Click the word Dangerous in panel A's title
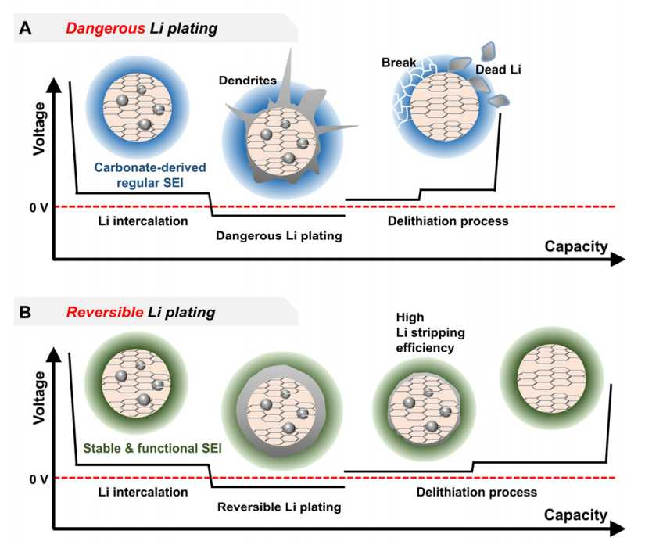coord(106,29)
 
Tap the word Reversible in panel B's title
coord(105,312)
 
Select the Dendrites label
coord(247,81)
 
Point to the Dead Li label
coord(498,70)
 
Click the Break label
coord(399,63)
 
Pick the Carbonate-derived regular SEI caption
coord(150,175)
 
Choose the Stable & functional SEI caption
coord(152,448)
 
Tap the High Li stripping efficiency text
coord(430,332)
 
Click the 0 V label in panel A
coord(38,208)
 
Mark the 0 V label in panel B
coord(38,479)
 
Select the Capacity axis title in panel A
coord(576,246)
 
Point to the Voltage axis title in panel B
coord(40,397)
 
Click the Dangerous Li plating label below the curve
coord(279,235)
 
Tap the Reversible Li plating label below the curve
coord(279,507)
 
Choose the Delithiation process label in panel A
coord(448,221)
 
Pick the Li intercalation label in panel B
coord(143,492)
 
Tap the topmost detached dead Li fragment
coord(489,51)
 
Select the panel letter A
coord(25,29)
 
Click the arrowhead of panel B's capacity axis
coord(618,529)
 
